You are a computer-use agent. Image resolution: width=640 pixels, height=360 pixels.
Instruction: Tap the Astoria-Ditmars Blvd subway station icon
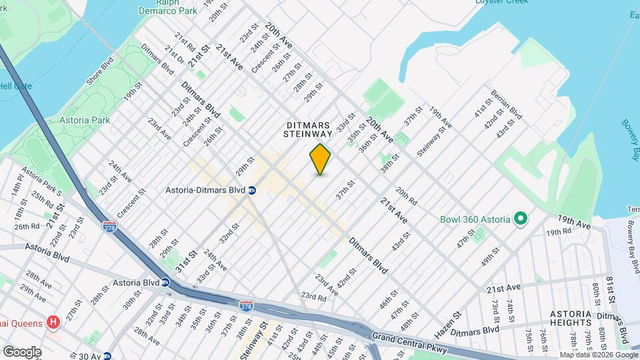pos(252,191)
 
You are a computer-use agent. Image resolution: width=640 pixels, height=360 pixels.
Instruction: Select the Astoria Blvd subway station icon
pos(164,282)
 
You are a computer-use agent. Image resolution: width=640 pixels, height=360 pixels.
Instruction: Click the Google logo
pos(22,351)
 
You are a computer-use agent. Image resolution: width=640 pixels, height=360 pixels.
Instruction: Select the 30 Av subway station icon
pos(106,356)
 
